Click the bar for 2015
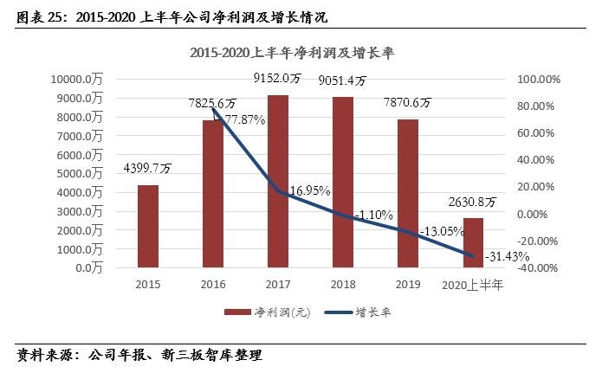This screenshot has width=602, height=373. pos(148,226)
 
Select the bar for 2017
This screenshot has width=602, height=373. pos(278,181)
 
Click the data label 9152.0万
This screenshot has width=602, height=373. pos(277,78)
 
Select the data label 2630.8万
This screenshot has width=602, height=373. pos(473,202)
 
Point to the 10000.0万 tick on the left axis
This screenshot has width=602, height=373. pos(79,79)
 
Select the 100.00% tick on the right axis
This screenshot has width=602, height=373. pos(539,79)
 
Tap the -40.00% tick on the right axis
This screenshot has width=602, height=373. pos(539,267)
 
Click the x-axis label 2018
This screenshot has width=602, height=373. pos(342,283)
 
